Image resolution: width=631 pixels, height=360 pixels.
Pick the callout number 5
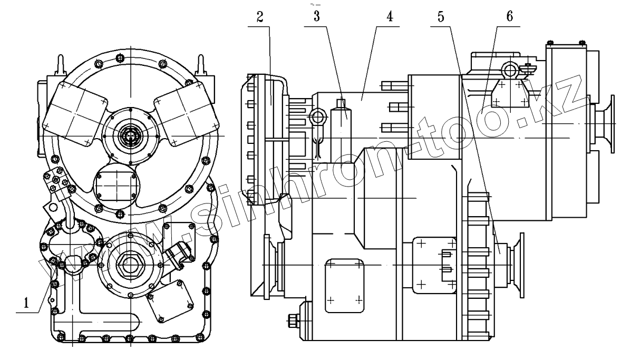(x=441, y=16)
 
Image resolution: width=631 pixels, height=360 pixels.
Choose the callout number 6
(x=508, y=16)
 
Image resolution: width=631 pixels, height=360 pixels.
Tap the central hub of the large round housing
(x=128, y=136)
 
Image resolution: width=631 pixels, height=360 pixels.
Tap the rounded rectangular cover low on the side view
(x=344, y=285)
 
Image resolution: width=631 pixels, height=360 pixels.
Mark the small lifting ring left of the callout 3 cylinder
(x=317, y=116)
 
